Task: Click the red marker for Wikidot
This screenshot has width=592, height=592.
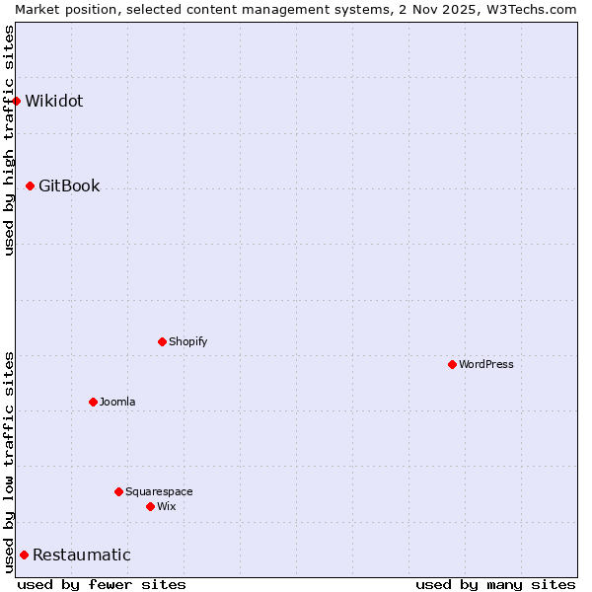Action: (x=17, y=101)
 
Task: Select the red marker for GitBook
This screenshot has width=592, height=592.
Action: (x=31, y=185)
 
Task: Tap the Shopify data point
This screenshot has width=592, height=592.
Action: (x=163, y=341)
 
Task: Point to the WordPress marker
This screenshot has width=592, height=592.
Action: (x=453, y=364)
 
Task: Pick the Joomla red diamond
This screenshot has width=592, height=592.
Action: (x=94, y=402)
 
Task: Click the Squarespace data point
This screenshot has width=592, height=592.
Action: (x=119, y=491)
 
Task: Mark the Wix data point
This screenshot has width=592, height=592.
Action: (x=151, y=506)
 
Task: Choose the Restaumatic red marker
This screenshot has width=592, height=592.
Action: (x=25, y=555)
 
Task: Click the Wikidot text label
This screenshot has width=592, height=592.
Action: (x=54, y=101)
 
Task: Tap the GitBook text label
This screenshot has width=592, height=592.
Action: (x=69, y=185)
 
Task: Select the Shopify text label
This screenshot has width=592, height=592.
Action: (x=187, y=341)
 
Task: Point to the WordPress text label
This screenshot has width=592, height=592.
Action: (x=486, y=364)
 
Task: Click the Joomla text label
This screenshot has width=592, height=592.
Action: (x=117, y=402)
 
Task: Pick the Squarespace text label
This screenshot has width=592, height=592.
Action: (x=159, y=491)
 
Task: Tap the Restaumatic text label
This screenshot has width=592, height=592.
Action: (x=82, y=555)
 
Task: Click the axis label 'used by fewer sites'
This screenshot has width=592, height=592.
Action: (x=102, y=584)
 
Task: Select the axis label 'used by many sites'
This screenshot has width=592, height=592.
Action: (x=495, y=584)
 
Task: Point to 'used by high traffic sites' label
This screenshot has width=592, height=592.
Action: (x=9, y=140)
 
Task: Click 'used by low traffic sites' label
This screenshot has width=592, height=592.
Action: (x=9, y=462)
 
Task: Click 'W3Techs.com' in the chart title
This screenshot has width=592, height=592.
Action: (x=529, y=9)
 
